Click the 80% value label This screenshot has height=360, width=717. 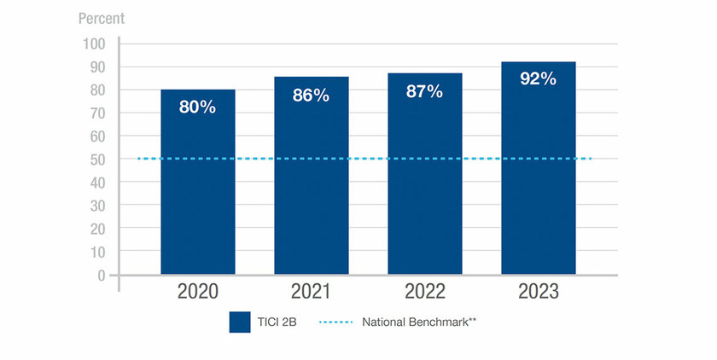197,107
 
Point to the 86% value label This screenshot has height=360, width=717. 311,96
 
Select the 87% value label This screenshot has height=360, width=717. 424,91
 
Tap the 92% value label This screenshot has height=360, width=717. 538,79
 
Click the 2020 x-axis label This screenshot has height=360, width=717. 197,293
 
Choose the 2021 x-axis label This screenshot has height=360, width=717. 311,293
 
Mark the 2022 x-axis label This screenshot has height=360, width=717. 424,293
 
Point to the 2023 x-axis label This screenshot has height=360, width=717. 538,293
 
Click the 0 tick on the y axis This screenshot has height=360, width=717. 101,276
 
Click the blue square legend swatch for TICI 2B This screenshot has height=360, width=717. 239,322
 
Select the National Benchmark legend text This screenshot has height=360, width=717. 418,322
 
